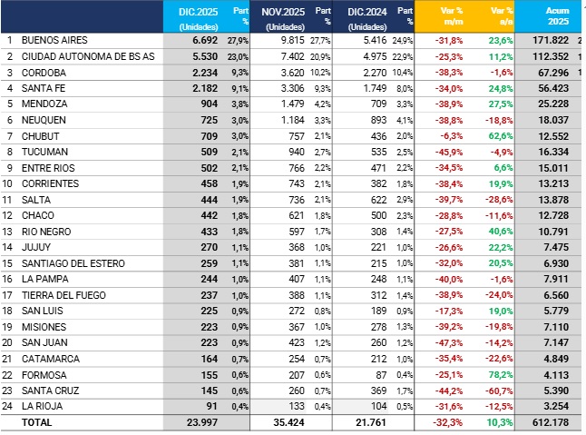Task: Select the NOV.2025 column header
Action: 283,12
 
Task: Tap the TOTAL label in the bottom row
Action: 37,422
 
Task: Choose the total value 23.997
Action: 201,422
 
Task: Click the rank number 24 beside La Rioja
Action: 9,406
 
